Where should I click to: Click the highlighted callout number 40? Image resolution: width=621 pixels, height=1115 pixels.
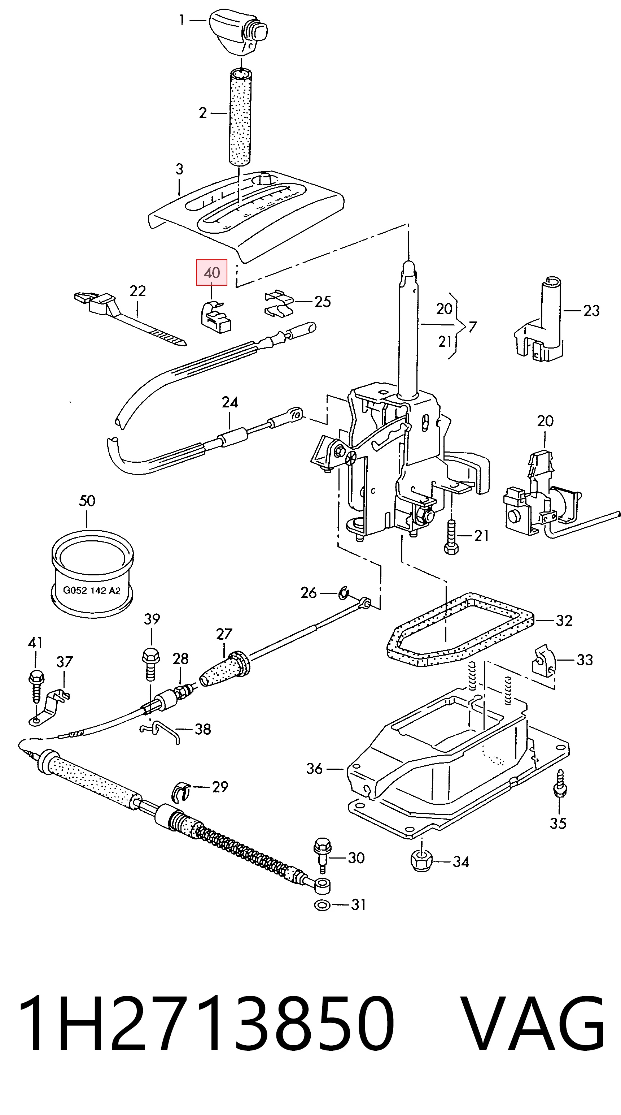[211, 273]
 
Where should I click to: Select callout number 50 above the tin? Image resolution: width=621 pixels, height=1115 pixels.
[87, 501]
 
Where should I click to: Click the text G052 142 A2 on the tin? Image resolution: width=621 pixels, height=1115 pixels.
[92, 591]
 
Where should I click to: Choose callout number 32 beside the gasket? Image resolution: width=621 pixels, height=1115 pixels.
[564, 621]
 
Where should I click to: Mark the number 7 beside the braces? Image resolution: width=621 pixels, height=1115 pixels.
[472, 327]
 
